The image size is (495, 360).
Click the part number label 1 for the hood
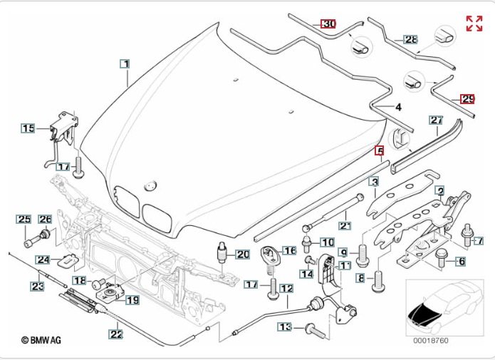tap(125, 64)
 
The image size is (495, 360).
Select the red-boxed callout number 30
tap(328, 24)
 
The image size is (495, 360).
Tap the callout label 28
tap(411, 40)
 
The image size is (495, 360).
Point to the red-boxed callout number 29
tap(467, 99)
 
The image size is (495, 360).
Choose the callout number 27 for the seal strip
tap(437, 121)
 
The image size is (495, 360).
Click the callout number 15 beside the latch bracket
tap(28, 128)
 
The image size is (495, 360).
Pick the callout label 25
tap(25, 219)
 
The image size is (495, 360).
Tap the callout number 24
tap(43, 259)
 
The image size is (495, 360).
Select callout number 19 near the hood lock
tap(132, 300)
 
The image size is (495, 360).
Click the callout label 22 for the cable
tap(115, 333)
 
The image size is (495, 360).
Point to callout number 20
tap(242, 254)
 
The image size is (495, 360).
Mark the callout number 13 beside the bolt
tap(285, 326)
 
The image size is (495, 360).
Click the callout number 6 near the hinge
tap(461, 262)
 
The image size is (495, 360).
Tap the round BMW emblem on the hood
tap(150, 185)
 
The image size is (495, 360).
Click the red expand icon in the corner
tap(474, 23)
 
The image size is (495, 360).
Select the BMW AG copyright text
tap(41, 341)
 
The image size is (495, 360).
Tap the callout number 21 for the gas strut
tap(345, 225)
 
